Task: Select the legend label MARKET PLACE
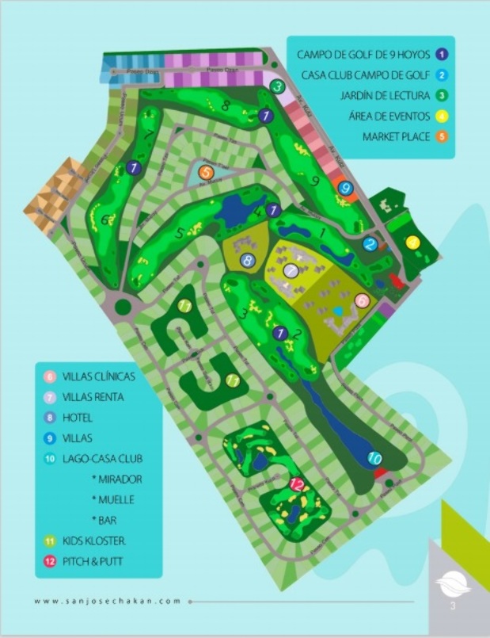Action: pos(396,136)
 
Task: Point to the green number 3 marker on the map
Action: pos(277,86)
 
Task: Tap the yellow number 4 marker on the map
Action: pos(412,243)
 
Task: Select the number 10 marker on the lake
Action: pos(376,458)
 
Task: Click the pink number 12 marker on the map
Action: pos(298,484)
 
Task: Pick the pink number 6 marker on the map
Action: pos(362,300)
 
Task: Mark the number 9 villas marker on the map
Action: pos(345,188)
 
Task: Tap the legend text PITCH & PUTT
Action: pos(100,562)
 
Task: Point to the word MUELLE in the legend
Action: pos(113,500)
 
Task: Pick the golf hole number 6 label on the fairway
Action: pos(105,220)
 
